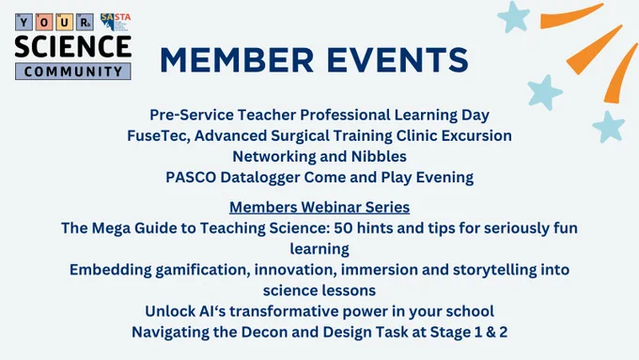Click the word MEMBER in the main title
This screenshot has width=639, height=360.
tap(237, 60)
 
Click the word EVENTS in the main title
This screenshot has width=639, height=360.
tap(397, 60)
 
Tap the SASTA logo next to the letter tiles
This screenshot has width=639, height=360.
tap(116, 22)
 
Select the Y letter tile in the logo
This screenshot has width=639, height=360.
tap(23, 23)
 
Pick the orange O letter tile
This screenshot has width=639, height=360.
tap(44, 23)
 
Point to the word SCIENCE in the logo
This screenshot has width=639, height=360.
tap(73, 46)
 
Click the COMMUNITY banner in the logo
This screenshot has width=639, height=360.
tap(73, 71)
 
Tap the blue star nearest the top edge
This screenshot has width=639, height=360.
tap(513, 17)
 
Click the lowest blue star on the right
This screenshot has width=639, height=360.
tap(608, 127)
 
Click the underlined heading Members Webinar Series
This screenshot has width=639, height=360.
tap(319, 207)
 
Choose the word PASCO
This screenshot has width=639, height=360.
tap(191, 178)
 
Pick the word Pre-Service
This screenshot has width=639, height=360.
tap(192, 115)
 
